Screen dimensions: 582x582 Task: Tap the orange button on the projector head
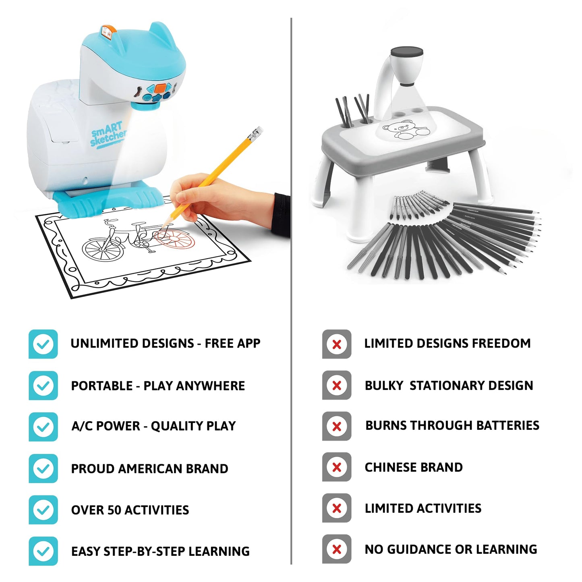click(x=161, y=88)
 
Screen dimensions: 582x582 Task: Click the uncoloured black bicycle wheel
click(x=103, y=249)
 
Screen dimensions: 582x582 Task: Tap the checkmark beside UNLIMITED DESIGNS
click(x=43, y=344)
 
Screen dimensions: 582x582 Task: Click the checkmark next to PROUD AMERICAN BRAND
click(x=43, y=468)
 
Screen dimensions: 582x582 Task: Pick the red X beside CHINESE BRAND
click(x=337, y=467)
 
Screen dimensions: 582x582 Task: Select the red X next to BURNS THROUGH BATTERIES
click(x=337, y=426)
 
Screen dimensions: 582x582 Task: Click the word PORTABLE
click(x=102, y=386)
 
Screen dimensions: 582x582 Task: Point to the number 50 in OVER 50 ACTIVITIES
click(x=115, y=510)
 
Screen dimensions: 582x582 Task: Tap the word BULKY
click(x=384, y=385)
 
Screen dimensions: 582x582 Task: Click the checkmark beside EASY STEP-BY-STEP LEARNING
click(x=43, y=551)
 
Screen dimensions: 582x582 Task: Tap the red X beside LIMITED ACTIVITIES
click(x=337, y=508)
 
